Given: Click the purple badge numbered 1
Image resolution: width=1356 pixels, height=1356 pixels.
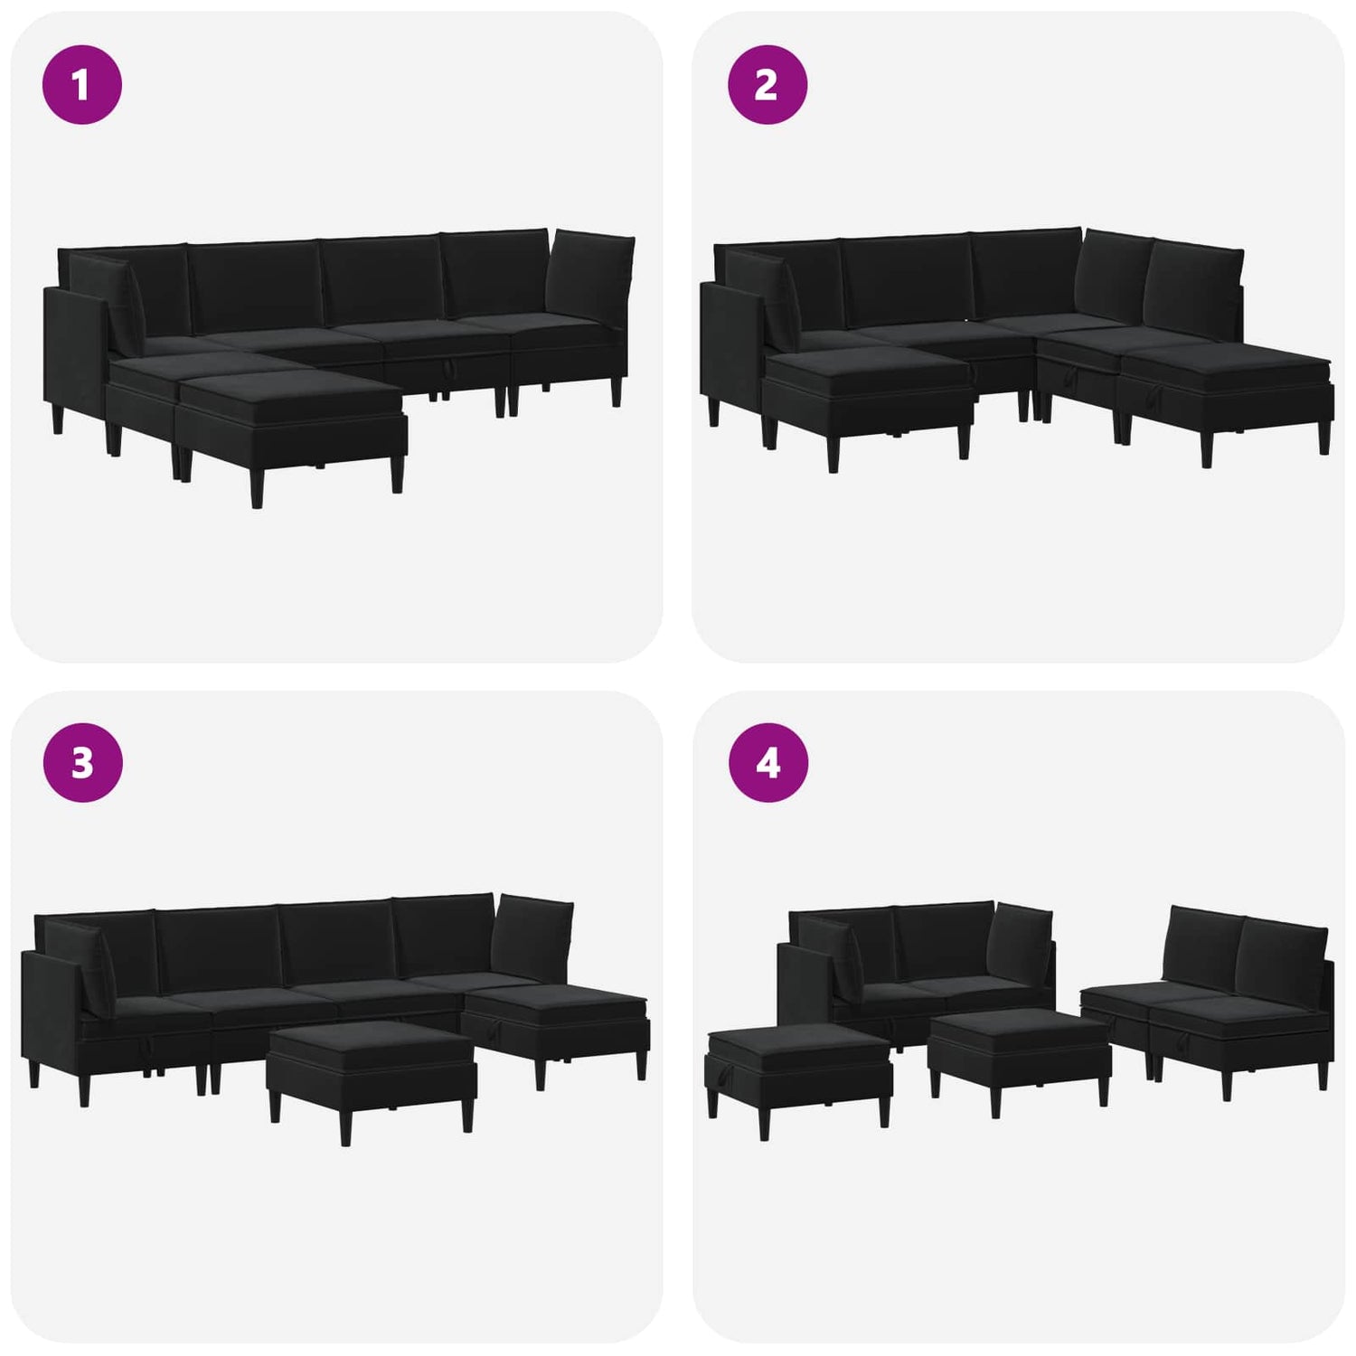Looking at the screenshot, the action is [82, 85].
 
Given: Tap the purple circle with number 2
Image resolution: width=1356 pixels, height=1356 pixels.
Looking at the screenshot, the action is [767, 84].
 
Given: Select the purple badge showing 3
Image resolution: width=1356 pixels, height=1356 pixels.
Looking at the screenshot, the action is [82, 762].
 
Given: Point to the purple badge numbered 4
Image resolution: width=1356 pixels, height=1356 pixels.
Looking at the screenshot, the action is [767, 762].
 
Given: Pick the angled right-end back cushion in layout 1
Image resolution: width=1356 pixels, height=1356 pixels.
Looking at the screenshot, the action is [589, 278].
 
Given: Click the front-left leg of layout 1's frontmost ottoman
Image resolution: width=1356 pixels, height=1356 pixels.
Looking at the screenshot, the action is [258, 485].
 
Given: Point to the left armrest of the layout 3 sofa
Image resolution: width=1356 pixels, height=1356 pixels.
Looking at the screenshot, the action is [51, 1017].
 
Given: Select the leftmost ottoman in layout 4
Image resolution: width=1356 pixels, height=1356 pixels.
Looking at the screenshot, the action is [798, 1075].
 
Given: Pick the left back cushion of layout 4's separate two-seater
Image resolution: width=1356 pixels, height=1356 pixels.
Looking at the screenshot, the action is [1203, 948].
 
